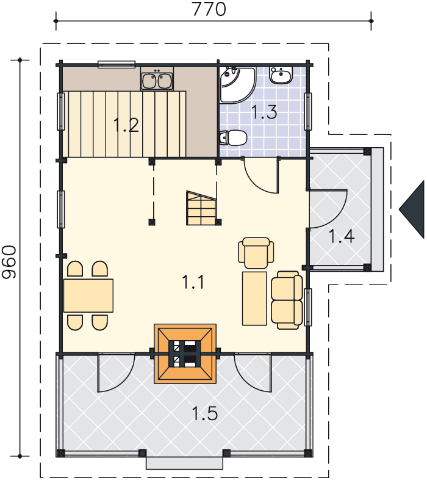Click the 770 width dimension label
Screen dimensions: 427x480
coord(209,9)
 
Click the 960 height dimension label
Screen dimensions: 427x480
coord(9,262)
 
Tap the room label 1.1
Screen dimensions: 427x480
coord(193,282)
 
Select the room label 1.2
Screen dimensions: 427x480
coord(126,125)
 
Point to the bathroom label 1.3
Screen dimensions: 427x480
coord(264,112)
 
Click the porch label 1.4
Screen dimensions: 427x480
coord(342,236)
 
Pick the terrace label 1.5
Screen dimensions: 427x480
coord(205,413)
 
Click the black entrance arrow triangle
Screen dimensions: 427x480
coord(412,209)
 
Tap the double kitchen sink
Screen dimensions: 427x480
coord(157,79)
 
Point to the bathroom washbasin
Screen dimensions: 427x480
coord(281,75)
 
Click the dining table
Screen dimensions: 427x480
coord(88,296)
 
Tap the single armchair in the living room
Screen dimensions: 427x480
coord(256,253)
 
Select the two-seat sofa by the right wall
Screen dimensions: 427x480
coord(287,300)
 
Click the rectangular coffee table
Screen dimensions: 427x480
coord(254,299)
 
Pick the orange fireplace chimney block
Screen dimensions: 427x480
coord(185,354)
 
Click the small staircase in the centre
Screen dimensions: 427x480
coord(201,208)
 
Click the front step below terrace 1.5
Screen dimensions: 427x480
coord(184,463)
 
